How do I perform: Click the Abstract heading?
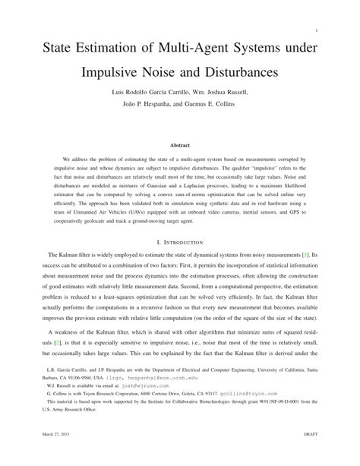[179, 144]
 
